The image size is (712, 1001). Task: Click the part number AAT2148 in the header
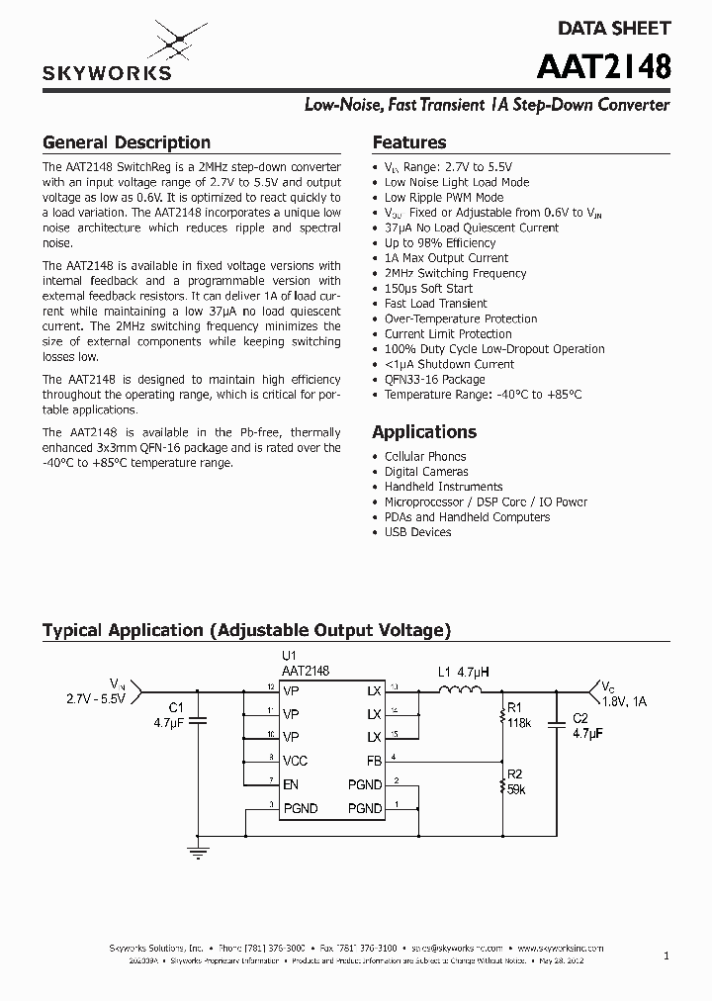point(604,66)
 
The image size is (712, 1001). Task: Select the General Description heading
point(127,142)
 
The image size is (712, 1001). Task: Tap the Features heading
point(409,142)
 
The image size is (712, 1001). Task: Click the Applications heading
point(424,432)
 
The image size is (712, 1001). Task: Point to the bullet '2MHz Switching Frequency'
point(455,273)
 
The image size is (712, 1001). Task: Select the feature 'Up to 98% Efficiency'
point(440,243)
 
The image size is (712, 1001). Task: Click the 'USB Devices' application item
point(417,532)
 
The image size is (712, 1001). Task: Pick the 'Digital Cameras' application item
point(426,472)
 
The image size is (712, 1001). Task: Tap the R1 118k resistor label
point(519,715)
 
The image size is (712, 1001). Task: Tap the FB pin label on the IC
point(373,761)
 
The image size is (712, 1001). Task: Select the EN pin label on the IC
point(291,784)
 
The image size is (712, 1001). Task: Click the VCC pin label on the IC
point(296,761)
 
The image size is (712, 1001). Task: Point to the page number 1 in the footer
point(667,955)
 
